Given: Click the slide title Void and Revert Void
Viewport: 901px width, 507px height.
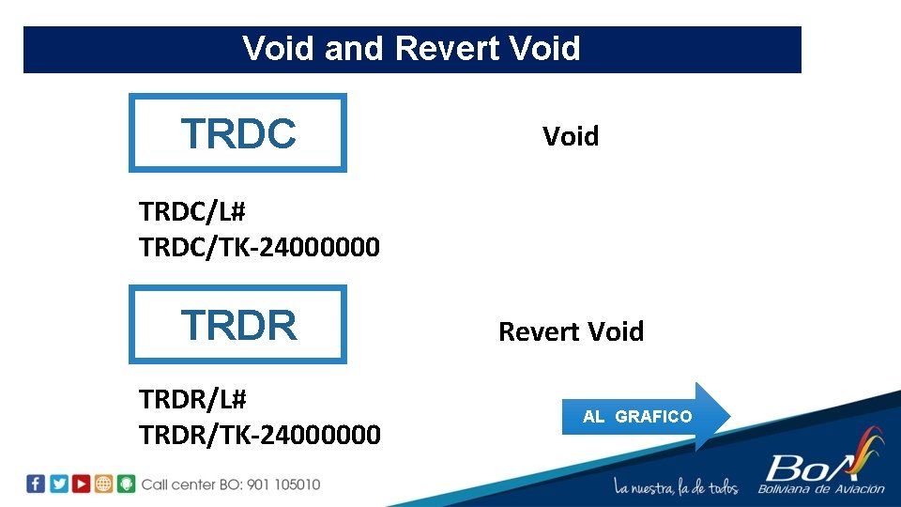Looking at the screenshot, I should (x=411, y=48).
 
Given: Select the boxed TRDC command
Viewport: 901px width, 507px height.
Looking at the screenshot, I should (x=237, y=133).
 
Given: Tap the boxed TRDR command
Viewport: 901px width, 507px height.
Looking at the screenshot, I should (x=237, y=325).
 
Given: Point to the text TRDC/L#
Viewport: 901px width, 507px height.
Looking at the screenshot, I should (x=192, y=212).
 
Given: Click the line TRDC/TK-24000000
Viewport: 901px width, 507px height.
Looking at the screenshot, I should (x=259, y=247).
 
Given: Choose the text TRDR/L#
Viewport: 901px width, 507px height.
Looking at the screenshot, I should (x=192, y=400).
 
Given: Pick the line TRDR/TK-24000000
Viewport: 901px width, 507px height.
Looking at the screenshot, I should (x=259, y=435).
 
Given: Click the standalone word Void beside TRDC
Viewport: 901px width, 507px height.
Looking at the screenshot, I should (x=570, y=136).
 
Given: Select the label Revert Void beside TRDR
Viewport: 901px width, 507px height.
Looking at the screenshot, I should (x=571, y=331).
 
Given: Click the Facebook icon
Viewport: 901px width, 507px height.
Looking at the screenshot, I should (x=36, y=484).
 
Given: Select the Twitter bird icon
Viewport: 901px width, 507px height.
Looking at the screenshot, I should (x=59, y=484).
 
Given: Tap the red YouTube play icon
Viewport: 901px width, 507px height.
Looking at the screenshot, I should (x=82, y=484).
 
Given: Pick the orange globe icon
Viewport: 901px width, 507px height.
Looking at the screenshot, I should (x=104, y=484).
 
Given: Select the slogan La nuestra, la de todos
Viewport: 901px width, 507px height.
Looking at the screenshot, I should (x=676, y=487).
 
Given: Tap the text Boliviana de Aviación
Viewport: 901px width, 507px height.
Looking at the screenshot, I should (x=821, y=488).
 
